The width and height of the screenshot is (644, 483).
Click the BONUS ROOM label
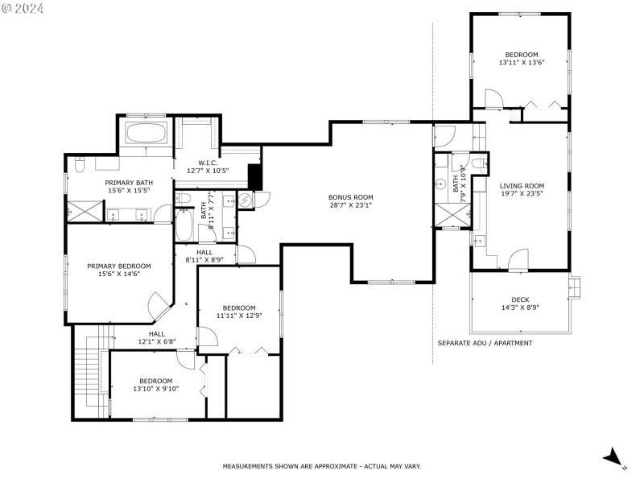coord(350,197)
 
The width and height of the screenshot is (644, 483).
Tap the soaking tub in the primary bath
coord(146,134)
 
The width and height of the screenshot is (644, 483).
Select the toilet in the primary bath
coord(79,165)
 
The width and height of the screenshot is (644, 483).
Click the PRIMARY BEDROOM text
coord(118,266)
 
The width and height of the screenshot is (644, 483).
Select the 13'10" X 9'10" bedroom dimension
coord(155,389)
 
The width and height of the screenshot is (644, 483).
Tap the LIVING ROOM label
coord(522,184)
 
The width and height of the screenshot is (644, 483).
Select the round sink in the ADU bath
coord(441,184)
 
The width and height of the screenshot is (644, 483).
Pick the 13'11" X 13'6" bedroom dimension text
coord(522,63)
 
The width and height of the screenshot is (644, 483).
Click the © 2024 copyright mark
coord(23,9)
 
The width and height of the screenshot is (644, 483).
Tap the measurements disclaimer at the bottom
coord(321,466)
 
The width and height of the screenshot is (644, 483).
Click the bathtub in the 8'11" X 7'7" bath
coord(184,225)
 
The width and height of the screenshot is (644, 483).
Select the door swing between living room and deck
coord(518,259)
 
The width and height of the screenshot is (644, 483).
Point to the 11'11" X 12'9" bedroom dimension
coord(239,316)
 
